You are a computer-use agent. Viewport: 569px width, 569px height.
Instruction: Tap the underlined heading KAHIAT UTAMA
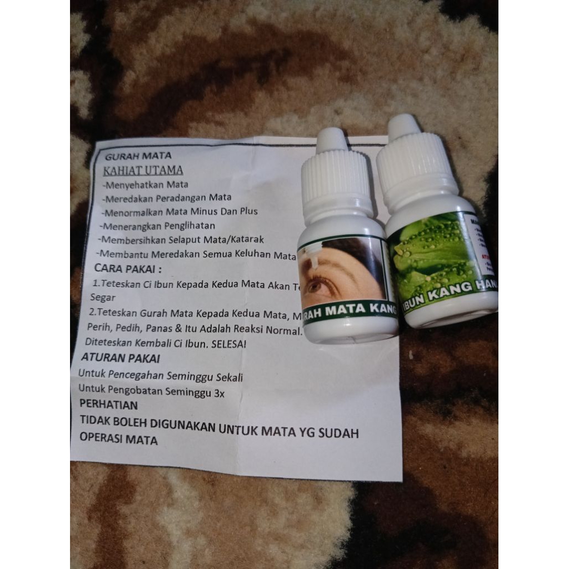(x=143, y=170)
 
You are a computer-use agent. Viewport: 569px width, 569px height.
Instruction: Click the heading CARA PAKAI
(x=128, y=268)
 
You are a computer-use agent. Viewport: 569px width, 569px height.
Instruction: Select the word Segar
(x=99, y=297)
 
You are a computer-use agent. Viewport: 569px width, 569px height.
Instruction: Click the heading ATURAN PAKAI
(x=120, y=358)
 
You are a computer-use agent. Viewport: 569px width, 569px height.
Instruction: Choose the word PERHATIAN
(x=108, y=405)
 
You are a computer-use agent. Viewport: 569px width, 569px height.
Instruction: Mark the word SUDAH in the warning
(x=337, y=432)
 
